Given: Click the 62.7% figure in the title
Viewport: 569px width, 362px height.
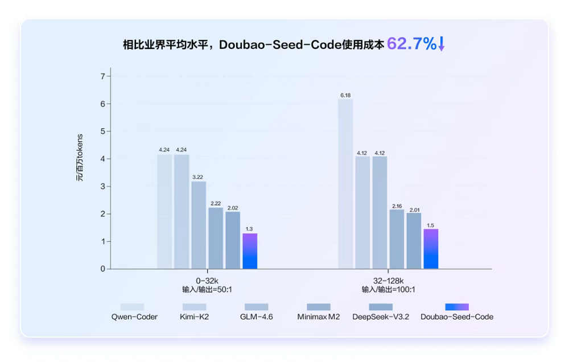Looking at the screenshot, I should [411, 44].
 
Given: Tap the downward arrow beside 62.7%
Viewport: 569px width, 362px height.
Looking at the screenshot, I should [441, 44].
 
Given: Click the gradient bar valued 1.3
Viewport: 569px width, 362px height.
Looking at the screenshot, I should [250, 251].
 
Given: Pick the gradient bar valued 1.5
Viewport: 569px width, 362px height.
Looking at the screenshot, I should [431, 249].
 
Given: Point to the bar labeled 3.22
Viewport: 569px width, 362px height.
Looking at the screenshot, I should [199, 225].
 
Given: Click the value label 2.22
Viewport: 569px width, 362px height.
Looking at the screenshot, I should [216, 203].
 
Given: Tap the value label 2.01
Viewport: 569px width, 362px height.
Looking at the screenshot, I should [414, 209].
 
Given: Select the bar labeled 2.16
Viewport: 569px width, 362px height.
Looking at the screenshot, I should [397, 239].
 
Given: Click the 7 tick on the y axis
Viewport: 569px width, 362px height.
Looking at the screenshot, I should [102, 76].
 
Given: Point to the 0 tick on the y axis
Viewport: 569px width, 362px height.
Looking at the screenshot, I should [102, 269].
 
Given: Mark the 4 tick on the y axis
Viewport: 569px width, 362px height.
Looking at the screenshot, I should [102, 159].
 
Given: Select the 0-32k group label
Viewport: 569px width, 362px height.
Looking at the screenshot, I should [207, 281].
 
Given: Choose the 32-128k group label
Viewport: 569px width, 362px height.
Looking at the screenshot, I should [388, 281].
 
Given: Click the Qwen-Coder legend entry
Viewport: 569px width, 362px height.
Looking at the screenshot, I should [134, 316].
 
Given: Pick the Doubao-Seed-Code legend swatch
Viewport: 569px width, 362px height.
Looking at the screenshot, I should [457, 307].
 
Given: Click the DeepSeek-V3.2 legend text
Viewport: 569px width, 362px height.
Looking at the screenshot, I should [381, 316].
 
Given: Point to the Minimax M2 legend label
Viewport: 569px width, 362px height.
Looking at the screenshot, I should [318, 316].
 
